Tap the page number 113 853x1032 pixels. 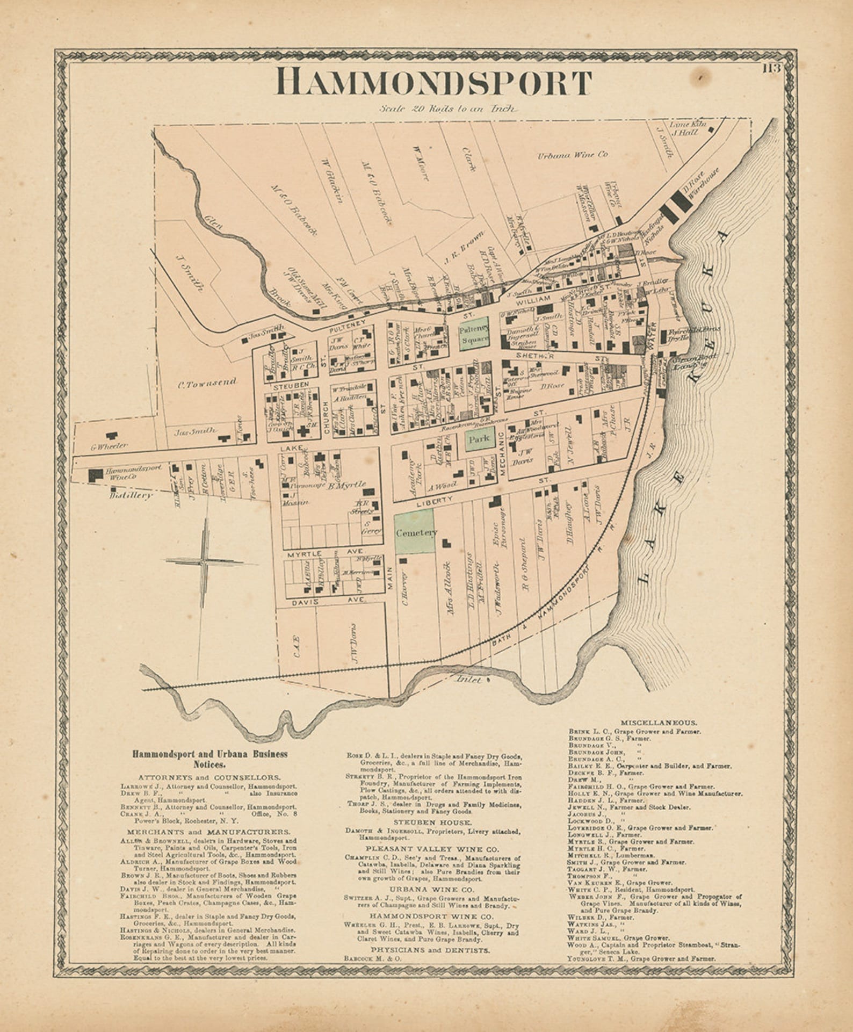coord(771,68)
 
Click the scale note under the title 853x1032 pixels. coord(447,109)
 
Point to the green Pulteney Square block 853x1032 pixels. coord(473,333)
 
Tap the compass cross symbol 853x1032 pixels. coord(205,561)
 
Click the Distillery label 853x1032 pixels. coord(131,495)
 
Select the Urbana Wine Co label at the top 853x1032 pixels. coord(573,155)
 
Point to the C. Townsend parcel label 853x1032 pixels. coord(207,383)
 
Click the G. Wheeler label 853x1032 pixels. coord(109,445)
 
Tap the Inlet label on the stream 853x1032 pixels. coord(467,679)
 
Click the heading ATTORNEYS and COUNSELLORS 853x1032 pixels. coord(209,777)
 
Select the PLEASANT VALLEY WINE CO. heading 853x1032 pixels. coord(432,849)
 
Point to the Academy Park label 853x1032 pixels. coord(415,472)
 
